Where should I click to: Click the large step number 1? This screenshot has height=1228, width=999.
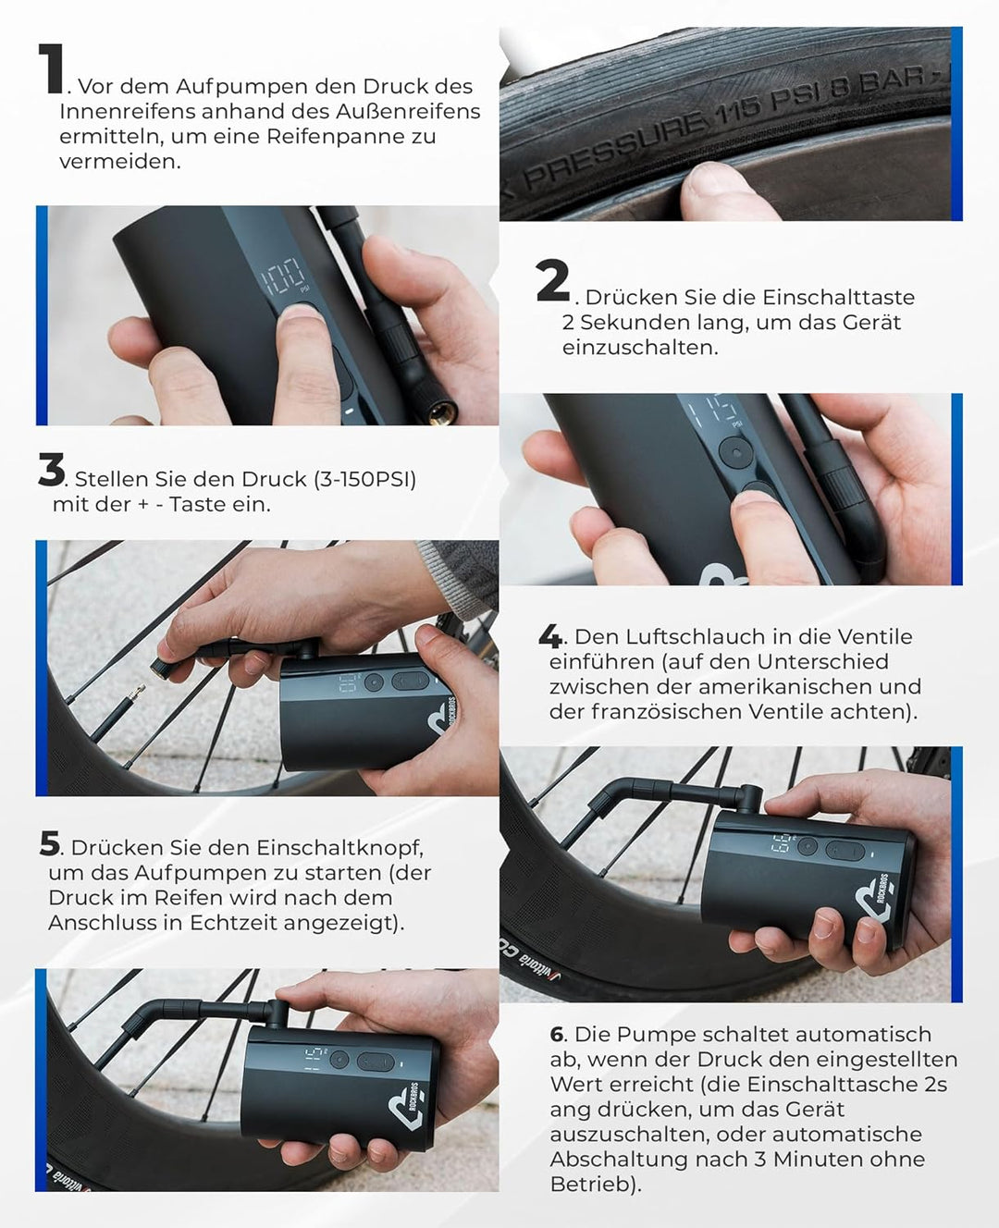pyautogui.click(x=51, y=68)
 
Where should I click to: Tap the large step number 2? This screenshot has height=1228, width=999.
pyautogui.click(x=552, y=281)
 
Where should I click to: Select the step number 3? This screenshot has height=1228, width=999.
pyautogui.click(x=52, y=470)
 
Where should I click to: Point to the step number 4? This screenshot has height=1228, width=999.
pyautogui.click(x=549, y=637)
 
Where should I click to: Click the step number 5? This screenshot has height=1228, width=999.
pyautogui.click(x=50, y=844)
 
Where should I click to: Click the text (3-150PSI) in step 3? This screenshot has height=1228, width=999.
pyautogui.click(x=364, y=479)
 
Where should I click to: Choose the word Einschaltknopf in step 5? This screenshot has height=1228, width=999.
pyautogui.click(x=339, y=848)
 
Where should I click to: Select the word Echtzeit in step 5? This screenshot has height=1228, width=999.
pyautogui.click(x=234, y=923)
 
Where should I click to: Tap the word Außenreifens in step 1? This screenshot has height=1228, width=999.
pyautogui.click(x=408, y=111)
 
